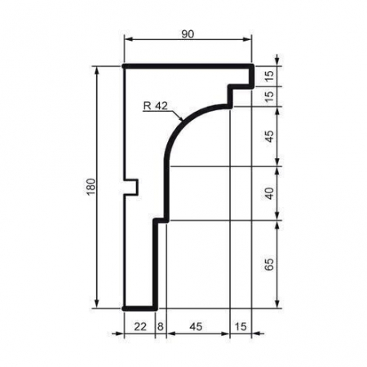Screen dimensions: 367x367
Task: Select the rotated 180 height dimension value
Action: (x=90, y=188)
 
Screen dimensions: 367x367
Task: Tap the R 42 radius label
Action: (x=154, y=104)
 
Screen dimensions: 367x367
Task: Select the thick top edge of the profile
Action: (x=188, y=66)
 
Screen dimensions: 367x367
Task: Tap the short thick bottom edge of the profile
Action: (x=139, y=308)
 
